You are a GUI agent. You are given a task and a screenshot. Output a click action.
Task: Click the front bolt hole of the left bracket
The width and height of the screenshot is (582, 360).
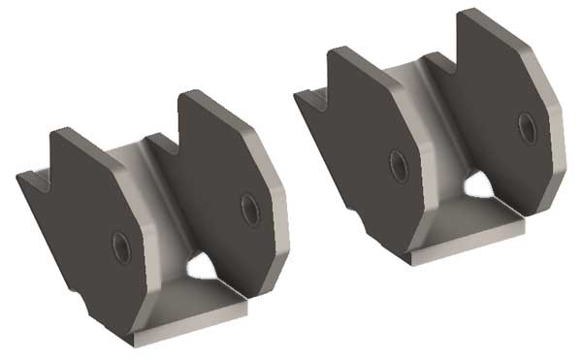(x=121, y=244)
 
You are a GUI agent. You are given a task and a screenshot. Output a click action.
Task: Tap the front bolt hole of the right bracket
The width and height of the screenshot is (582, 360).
(x=396, y=162)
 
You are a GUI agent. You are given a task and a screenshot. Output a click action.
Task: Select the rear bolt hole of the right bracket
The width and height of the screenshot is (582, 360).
(x=527, y=127)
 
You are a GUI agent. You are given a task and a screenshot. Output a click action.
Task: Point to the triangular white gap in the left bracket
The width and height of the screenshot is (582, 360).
(x=208, y=264)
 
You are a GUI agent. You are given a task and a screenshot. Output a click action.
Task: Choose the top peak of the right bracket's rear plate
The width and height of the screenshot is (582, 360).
(x=472, y=13)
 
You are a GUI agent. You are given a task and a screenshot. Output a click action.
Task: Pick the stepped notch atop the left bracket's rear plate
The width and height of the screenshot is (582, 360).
(x=163, y=142)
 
